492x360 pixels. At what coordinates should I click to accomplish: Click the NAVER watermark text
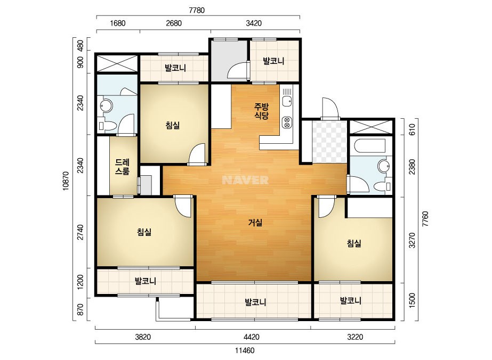[x=245, y=180]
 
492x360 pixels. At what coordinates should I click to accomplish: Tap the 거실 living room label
[x=255, y=223]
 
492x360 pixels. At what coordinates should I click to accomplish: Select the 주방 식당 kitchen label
[x=261, y=111]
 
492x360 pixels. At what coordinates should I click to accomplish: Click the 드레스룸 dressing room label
[x=122, y=167]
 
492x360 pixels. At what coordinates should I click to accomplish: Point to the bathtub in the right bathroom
[x=369, y=146]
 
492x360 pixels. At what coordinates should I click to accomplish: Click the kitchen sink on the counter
[x=287, y=101]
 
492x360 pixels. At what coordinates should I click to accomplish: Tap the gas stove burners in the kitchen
[x=287, y=122]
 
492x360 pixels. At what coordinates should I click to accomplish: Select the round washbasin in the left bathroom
[x=106, y=105]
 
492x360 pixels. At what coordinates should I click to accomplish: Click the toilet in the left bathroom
[x=105, y=126]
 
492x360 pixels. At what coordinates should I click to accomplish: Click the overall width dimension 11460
[x=245, y=350]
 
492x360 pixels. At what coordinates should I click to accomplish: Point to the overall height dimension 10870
[x=66, y=181]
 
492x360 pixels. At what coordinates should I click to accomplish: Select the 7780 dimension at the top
[x=197, y=10]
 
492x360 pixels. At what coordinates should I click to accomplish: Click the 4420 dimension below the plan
[x=252, y=337]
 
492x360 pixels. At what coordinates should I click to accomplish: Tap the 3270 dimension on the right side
[x=412, y=240]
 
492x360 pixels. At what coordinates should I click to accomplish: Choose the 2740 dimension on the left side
[x=80, y=232]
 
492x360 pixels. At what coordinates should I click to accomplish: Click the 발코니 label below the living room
[x=255, y=302]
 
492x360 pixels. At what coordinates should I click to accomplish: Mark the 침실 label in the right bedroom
[x=354, y=243]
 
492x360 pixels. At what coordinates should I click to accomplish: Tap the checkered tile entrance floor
[x=329, y=142]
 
